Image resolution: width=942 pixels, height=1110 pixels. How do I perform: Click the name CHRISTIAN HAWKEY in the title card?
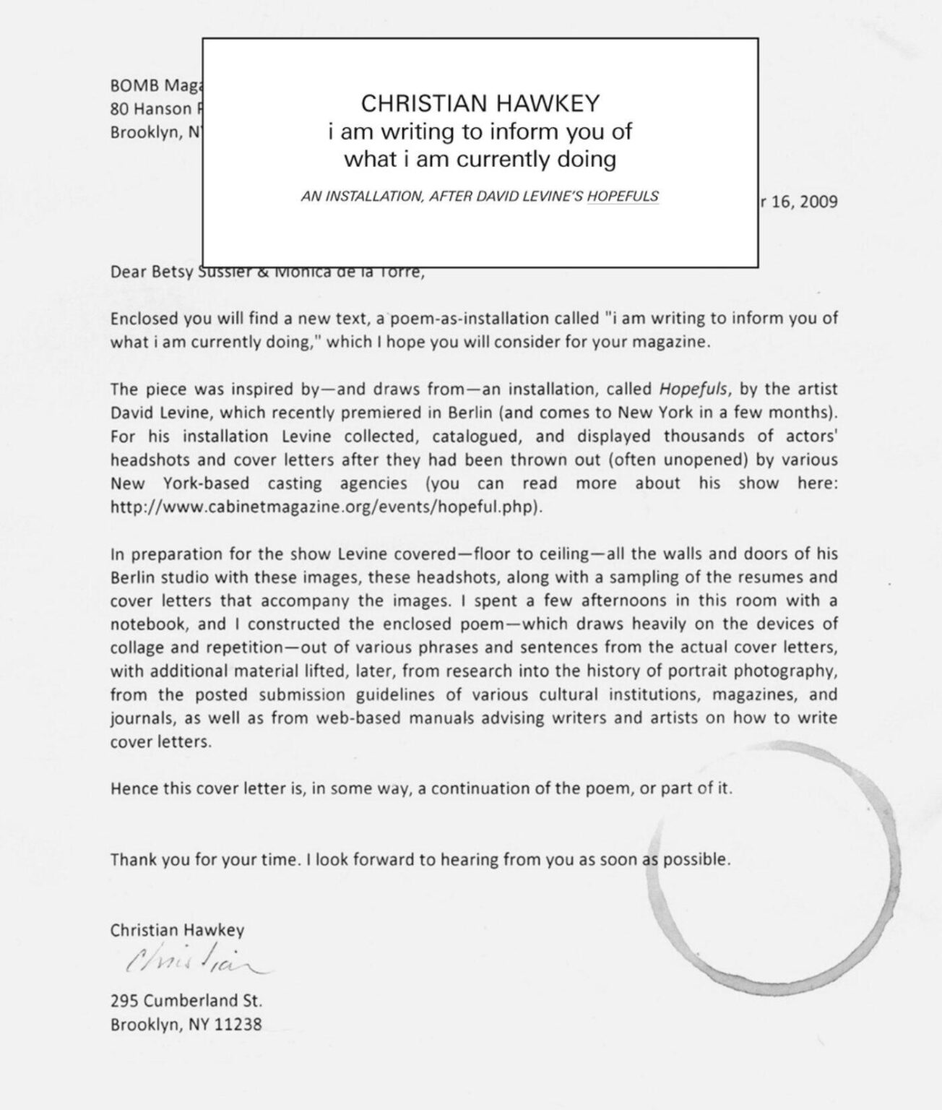[x=480, y=103]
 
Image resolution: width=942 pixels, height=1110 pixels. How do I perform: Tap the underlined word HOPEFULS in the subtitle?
[x=623, y=196]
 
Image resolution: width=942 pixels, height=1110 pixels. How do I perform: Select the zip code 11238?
[x=238, y=1024]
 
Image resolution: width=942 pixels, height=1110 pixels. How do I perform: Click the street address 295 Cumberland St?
[x=186, y=1001]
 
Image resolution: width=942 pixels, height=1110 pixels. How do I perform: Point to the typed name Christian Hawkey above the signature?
[x=177, y=930]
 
